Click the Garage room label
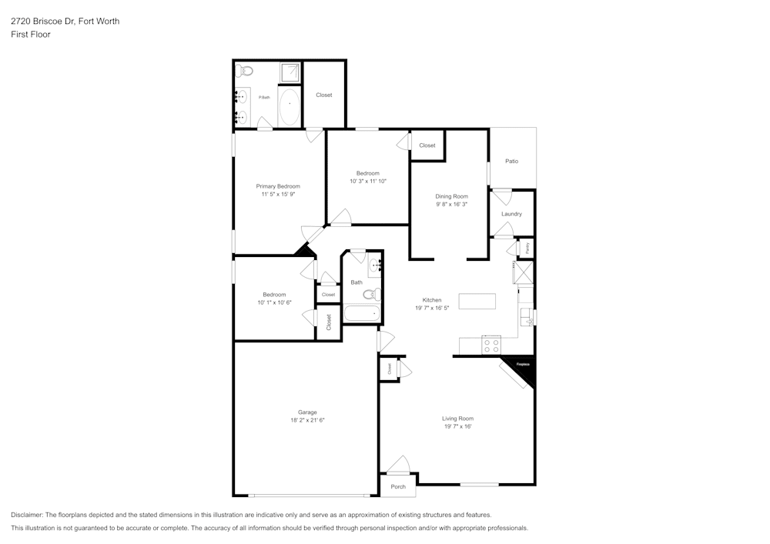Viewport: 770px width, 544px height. pos(307,412)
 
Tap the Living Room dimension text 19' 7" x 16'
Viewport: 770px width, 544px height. pos(457,426)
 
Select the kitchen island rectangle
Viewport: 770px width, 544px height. pos(477,301)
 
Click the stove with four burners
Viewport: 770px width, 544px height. pos(490,345)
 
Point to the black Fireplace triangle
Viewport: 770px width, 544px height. pos(524,370)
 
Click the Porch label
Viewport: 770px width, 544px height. pos(398,486)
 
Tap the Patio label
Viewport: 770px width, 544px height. pos(511,162)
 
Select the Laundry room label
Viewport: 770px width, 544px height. pos(511,214)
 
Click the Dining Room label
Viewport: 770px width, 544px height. pos(452,196)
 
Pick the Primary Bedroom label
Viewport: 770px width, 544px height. pos(278,186)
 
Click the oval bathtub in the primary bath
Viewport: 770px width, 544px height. pos(290,107)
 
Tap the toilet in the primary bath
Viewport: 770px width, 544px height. pos(245,71)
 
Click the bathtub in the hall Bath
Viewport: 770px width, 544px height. pos(361,313)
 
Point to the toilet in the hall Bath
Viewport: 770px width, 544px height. pos(371,293)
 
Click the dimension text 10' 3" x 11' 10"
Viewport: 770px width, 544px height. pos(367,182)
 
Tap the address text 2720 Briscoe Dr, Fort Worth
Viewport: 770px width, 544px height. pos(65,22)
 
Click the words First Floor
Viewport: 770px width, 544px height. pos(31,35)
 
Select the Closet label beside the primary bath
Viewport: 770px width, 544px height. pos(324,95)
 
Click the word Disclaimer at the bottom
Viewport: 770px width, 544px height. pos(27,515)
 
